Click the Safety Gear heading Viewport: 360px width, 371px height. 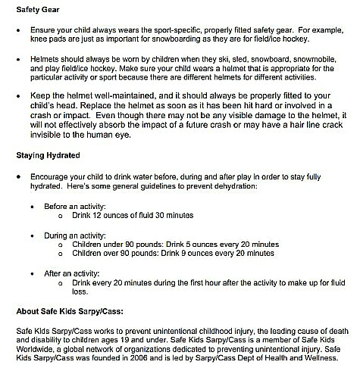[39, 8]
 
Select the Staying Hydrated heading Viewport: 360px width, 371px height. [48, 155]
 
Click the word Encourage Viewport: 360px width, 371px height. [49, 174]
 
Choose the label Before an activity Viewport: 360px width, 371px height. [74, 204]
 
